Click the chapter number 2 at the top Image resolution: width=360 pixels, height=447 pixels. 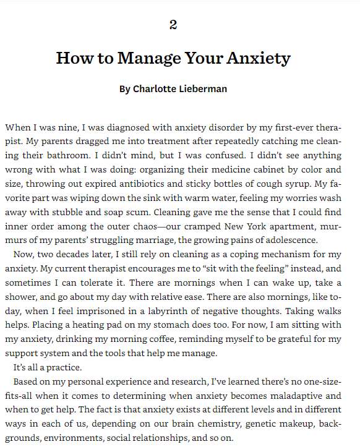point(173,25)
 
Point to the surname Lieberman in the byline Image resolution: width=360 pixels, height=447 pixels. point(202,89)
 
